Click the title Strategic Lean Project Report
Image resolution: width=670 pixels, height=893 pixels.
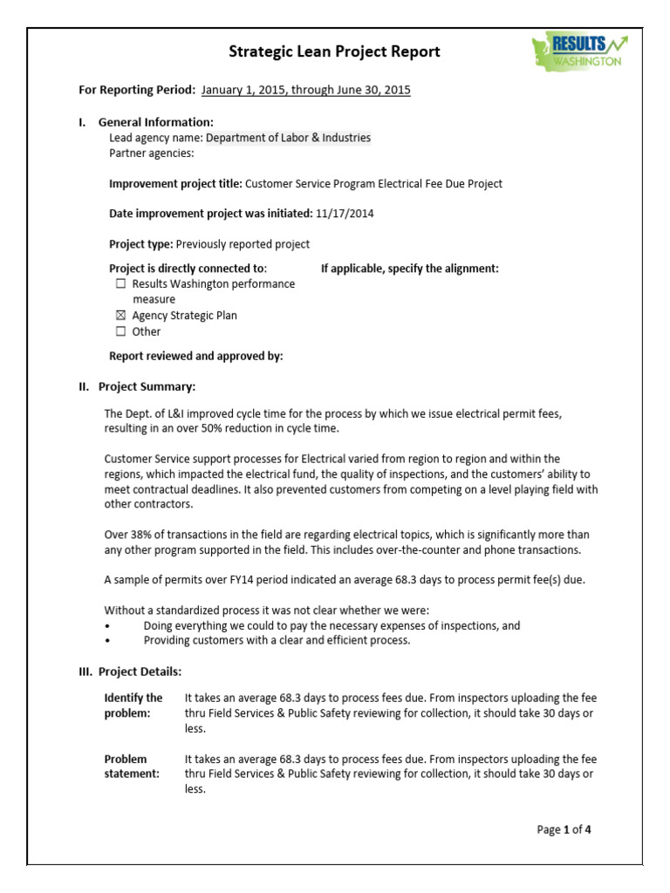(334, 51)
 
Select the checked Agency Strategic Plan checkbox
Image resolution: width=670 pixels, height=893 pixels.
(120, 316)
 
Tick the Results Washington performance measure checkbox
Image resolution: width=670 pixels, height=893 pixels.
(120, 284)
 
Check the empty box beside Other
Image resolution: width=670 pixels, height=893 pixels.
(120, 331)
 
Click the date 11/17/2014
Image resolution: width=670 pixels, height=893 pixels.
(345, 214)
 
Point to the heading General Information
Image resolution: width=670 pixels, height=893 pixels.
(155, 122)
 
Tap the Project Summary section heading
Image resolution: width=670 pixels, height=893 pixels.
(147, 386)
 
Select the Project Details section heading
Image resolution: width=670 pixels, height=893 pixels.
(140, 671)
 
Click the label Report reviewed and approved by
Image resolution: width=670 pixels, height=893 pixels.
(195, 356)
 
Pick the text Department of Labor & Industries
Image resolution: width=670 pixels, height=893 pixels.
(288, 138)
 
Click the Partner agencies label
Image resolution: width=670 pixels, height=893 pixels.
(151, 153)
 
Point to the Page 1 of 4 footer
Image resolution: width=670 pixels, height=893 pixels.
(564, 829)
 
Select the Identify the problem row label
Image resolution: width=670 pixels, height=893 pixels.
(133, 706)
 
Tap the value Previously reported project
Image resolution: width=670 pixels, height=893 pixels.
(243, 244)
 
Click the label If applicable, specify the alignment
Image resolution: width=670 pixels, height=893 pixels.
(410, 269)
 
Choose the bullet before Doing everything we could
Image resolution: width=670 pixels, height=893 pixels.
(107, 626)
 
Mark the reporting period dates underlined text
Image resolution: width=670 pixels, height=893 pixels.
(305, 90)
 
